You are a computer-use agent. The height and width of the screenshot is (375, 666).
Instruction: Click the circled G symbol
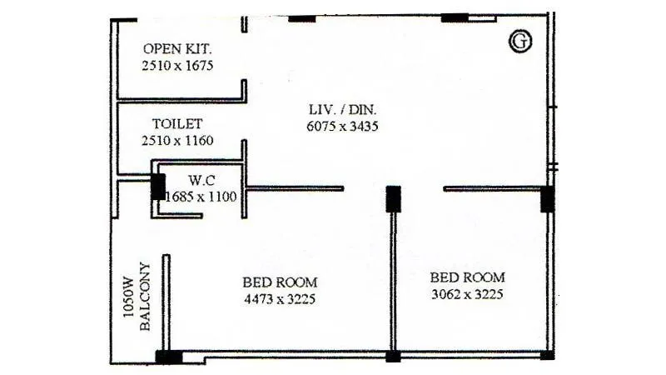pos(521,42)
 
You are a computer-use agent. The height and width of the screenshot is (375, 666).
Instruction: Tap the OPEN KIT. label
pos(176,48)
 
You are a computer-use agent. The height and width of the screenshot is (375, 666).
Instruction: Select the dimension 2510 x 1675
pos(178,64)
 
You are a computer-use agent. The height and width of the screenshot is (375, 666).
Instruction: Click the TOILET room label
pos(177,124)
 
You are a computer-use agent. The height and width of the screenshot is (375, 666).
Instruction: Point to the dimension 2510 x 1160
pos(178,141)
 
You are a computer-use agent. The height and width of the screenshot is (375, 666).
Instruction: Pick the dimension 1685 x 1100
pos(202,197)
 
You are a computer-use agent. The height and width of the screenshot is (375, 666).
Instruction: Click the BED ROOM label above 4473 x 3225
pos(280,282)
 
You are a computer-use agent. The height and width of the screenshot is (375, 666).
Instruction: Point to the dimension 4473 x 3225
pos(280,298)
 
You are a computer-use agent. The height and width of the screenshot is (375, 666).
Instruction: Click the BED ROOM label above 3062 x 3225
pos(467,277)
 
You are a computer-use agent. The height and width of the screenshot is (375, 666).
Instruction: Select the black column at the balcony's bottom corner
pos(168,357)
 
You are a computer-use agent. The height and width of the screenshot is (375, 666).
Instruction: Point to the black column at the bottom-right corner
pos(547,355)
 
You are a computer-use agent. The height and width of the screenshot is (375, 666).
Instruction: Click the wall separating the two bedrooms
pos(393,283)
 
